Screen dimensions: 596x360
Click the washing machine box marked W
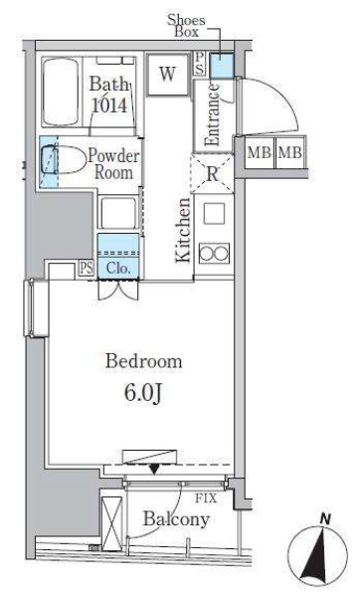167,74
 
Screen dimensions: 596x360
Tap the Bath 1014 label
108,95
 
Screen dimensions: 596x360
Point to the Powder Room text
114,163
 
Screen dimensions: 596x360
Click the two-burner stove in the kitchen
213,253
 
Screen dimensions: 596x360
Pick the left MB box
259,153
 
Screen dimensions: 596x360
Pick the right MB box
289,153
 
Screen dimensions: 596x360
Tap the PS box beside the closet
87,268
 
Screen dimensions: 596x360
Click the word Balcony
175,519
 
